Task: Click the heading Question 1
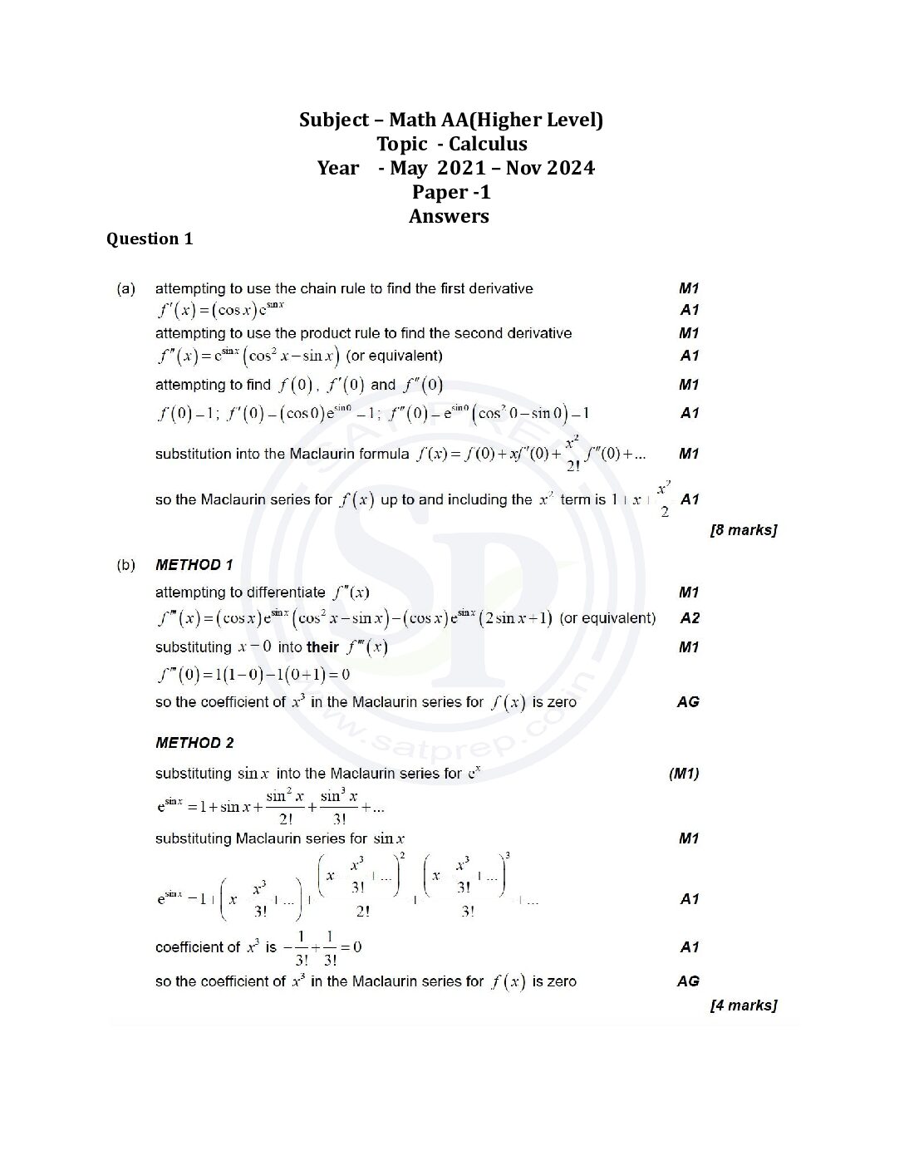[150, 239]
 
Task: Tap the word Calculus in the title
[488, 144]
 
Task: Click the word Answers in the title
[449, 216]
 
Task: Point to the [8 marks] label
[743, 529]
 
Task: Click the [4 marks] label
[743, 1005]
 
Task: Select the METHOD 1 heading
[194, 565]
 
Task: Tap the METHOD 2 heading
[194, 743]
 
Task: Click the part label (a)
[125, 288]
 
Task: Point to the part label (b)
[125, 565]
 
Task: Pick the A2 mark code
[689, 618]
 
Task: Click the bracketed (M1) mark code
[684, 774]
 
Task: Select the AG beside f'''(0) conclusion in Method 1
[688, 702]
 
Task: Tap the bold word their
[322, 647]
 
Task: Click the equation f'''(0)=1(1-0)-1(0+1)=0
[253, 675]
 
